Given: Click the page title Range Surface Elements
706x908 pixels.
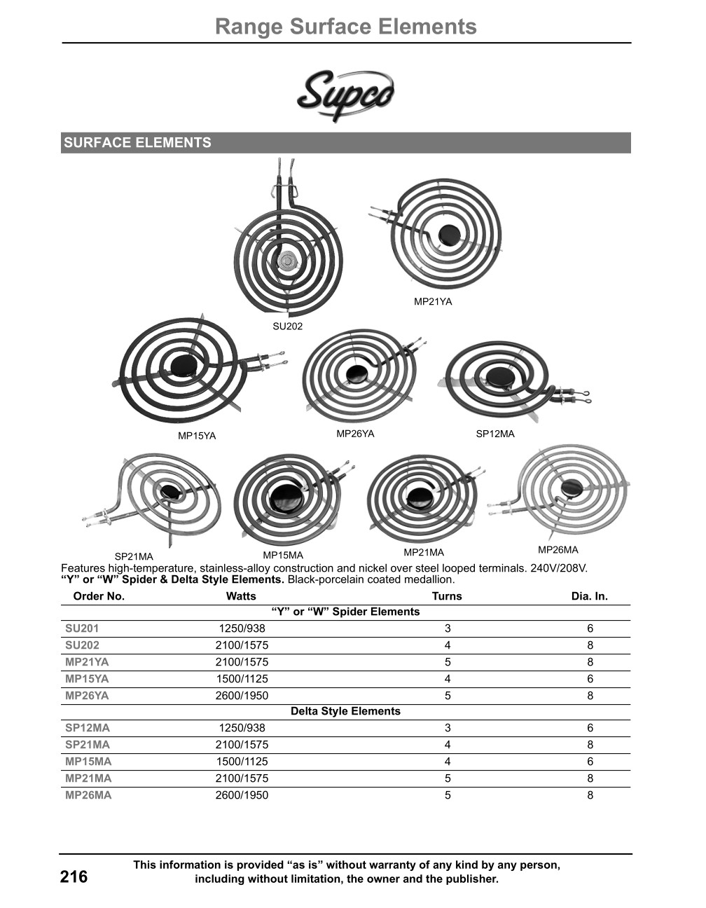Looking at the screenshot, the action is point(346,27).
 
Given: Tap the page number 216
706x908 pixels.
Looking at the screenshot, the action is point(74,876).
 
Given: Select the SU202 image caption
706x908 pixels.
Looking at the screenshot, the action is point(287,326).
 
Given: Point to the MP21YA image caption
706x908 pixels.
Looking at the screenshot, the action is point(433,301).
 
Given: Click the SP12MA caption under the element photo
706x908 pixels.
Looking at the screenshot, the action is point(495,434).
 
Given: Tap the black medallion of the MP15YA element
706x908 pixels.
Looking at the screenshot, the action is point(184,365).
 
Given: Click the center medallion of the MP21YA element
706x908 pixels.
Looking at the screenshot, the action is point(449,235).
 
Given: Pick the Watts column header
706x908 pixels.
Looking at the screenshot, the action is point(241,596).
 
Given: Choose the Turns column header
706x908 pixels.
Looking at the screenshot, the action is point(447,596).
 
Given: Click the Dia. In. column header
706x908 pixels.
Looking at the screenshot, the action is point(590,596).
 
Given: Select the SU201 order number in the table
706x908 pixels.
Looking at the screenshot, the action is point(82,628).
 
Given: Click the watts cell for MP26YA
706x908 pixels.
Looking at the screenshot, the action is point(242,696).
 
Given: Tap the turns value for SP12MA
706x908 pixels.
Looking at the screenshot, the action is point(448,728).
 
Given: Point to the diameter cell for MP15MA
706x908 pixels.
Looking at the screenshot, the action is point(590,762).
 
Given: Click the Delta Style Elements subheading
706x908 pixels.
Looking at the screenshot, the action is point(346,711).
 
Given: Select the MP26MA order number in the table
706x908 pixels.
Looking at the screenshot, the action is point(88,795).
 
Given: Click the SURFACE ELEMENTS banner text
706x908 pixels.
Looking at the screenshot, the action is point(137,142).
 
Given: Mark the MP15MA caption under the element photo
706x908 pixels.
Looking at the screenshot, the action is point(283,556).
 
